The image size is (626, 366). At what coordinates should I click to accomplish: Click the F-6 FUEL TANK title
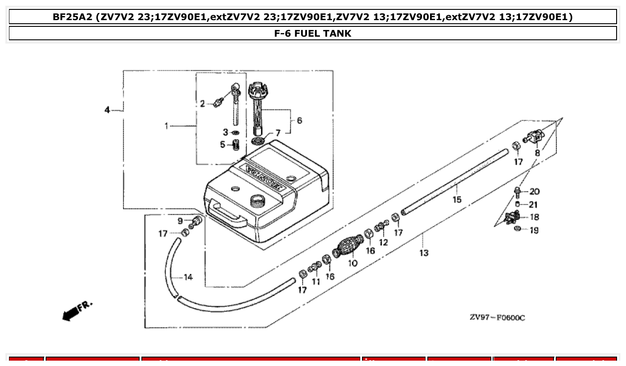[x=312, y=34]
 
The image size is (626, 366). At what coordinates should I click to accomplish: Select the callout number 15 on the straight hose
[x=456, y=200]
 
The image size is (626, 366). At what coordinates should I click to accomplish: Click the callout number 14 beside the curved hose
[x=188, y=277]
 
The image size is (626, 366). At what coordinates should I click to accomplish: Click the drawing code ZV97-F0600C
[x=497, y=318]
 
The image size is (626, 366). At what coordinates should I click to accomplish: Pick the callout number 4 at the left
[x=107, y=110]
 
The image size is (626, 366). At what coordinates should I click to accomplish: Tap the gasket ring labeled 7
[x=258, y=141]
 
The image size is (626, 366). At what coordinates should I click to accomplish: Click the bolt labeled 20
[x=518, y=192]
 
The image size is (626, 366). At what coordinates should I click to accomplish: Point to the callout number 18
[x=534, y=217]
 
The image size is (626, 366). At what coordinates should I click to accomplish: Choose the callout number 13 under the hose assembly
[x=424, y=253]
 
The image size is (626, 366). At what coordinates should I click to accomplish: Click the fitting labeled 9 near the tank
[x=196, y=221]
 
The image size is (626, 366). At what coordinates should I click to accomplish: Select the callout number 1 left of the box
[x=166, y=126]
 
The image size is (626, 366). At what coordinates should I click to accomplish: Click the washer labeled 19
[x=517, y=230]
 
